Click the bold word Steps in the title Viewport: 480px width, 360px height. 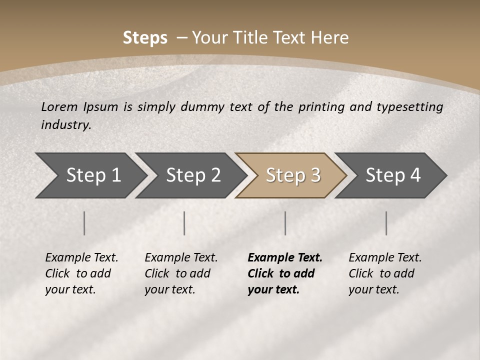click(145, 38)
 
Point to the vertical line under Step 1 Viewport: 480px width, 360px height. click(84, 223)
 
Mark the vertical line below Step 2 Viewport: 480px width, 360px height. click(184, 223)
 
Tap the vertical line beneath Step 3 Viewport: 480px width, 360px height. click(285, 223)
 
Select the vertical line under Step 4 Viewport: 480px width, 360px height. click(386, 223)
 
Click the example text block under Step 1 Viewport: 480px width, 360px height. click(81, 273)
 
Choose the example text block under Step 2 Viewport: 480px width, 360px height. click(180, 273)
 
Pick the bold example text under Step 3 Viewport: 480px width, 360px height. click(284, 273)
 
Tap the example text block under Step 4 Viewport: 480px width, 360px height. click(384, 273)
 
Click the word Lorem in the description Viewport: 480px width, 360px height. click(59, 106)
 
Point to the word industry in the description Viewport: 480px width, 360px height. click(66, 124)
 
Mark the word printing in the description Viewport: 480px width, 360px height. click(321, 106)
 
